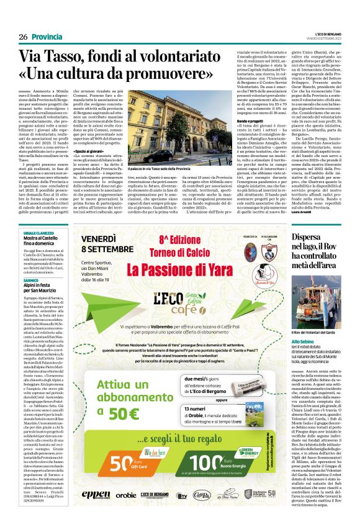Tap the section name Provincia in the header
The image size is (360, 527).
tap(47, 37)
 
